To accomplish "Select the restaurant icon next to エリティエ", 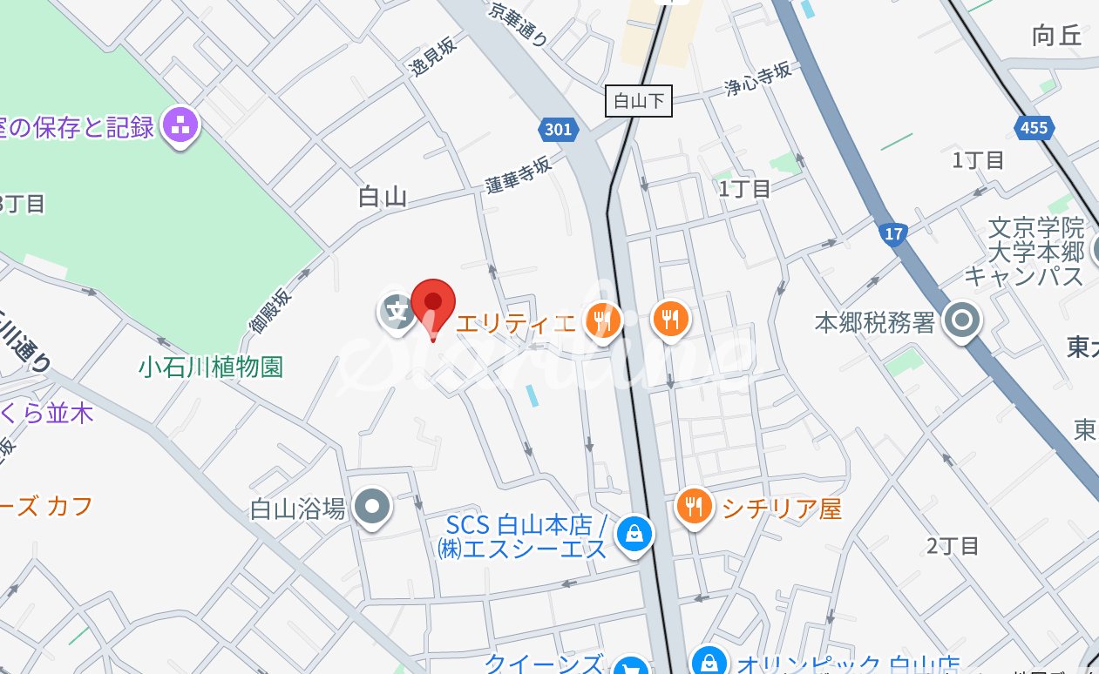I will [x=602, y=320].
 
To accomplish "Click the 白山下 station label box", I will [x=639, y=101].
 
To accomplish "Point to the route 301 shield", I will [x=556, y=130].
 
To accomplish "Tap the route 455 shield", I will [x=1034, y=128].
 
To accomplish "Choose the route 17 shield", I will [x=893, y=233].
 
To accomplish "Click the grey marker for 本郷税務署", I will [x=963, y=321].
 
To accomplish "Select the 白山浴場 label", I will [x=298, y=508].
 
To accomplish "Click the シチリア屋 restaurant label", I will [x=782, y=509].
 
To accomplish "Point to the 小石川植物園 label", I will [x=211, y=367].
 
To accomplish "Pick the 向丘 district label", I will [x=1056, y=36].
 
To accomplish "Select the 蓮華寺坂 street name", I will [x=519, y=174].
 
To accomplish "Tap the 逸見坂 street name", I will [x=433, y=58].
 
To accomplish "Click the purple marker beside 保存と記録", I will [x=181, y=126].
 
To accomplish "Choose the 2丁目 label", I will [x=953, y=546].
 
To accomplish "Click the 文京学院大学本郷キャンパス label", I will [x=1024, y=253].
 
